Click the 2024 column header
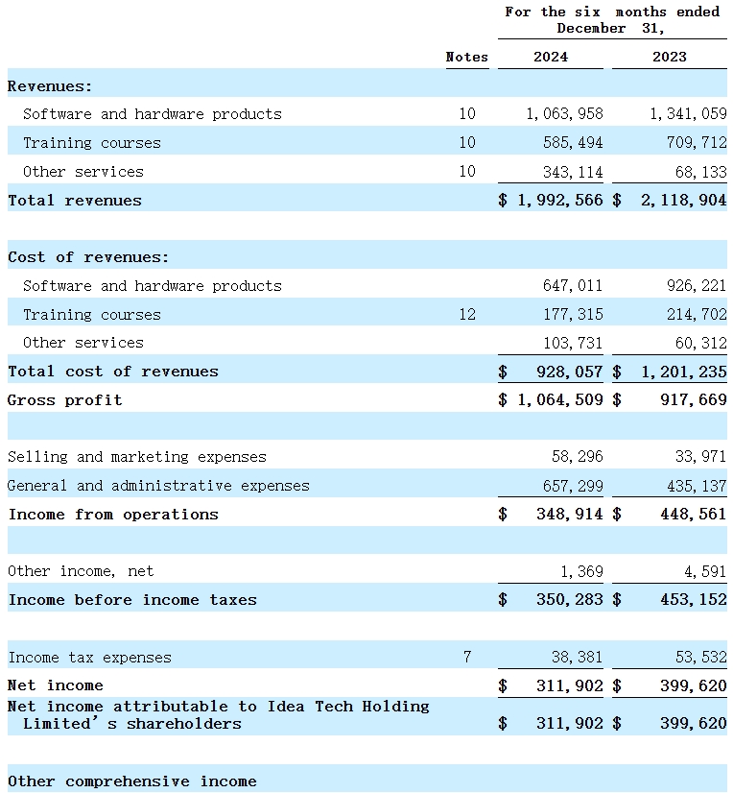click(x=550, y=57)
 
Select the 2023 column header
click(x=669, y=57)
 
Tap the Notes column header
click(x=467, y=57)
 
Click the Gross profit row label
click(x=65, y=399)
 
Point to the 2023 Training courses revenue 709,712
click(x=688, y=143)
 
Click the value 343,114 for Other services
click(x=574, y=172)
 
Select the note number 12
click(x=466, y=314)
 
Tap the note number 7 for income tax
click(x=467, y=658)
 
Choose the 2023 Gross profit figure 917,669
click(x=688, y=399)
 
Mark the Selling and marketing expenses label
click(x=137, y=457)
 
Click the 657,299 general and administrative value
click(x=574, y=486)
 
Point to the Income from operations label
click(x=113, y=515)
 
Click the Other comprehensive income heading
click(x=132, y=781)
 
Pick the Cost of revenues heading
click(x=88, y=257)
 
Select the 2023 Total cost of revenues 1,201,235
click(x=678, y=372)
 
